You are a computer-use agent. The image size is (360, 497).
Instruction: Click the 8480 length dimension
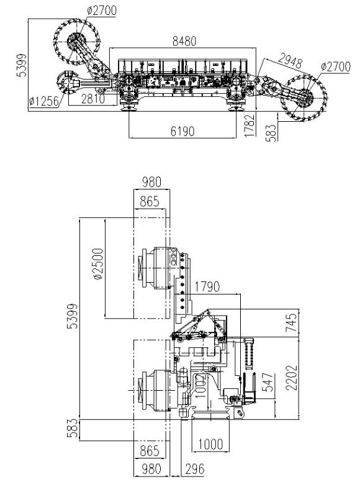pos(184,41)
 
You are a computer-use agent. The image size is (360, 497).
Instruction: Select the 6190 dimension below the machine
pos(182,131)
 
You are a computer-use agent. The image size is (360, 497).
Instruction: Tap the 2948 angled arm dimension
pos(290,60)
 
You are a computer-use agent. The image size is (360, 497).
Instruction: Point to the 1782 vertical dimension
pos(250,125)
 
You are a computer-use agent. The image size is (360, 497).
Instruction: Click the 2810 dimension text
pos(92,99)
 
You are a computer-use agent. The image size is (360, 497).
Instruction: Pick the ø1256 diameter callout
pos(44,101)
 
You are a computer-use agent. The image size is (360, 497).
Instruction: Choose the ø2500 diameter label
pos(99,264)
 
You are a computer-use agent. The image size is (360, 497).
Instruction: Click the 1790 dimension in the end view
pos(207,287)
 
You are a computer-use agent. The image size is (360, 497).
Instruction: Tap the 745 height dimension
pos(292,322)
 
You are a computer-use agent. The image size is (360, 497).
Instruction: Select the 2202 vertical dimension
pos(292,378)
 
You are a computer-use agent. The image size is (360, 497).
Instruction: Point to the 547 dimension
pos(268,382)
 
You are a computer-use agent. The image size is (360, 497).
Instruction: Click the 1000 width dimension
pos(210,444)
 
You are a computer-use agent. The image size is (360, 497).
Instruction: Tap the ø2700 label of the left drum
pos(101,11)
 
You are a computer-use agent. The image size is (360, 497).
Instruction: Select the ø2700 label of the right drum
pos(336,67)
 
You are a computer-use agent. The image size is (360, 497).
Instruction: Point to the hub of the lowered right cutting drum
pos(305,98)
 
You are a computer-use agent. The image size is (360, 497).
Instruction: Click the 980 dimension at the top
pos(151,182)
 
